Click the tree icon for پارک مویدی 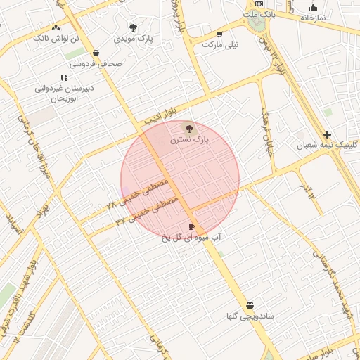[x=134, y=27]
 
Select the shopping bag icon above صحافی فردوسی [x=96, y=53]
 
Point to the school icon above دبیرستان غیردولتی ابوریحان [x=64, y=77]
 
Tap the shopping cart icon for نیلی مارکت [x=220, y=34]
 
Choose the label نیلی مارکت [x=220, y=44]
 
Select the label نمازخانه [x=312, y=18]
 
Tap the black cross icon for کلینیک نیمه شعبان [x=327, y=134]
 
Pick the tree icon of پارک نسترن [x=188, y=128]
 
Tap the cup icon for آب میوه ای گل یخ [x=191, y=227]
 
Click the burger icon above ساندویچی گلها [x=250, y=305]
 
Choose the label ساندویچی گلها [x=250, y=316]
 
